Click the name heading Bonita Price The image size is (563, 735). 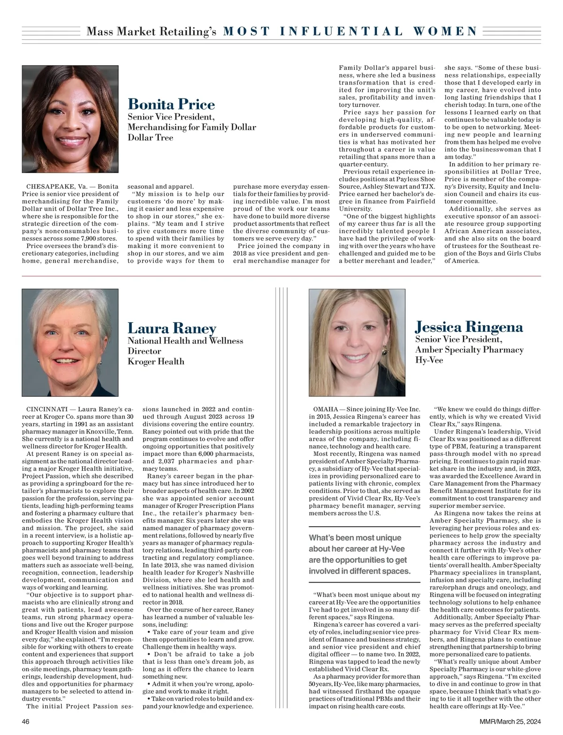click(171, 104)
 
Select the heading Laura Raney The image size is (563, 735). click(172, 328)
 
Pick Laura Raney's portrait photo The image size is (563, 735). click(70, 342)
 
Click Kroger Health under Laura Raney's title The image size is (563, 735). click(156, 362)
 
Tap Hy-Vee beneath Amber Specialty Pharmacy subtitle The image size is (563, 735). click(429, 361)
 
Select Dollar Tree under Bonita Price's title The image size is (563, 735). click(150, 138)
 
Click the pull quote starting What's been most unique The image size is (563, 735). click(359, 554)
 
